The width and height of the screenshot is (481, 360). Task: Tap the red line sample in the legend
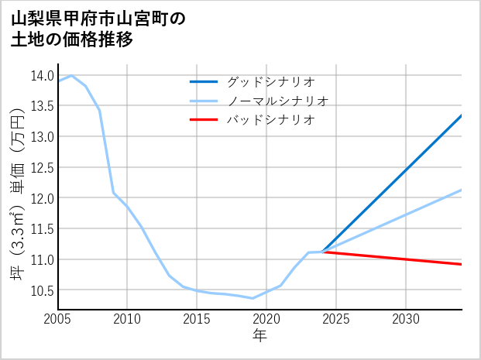tap(204, 120)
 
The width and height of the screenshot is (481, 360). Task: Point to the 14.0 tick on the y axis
tap(41, 75)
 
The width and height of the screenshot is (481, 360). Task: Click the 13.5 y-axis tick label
tap(41, 106)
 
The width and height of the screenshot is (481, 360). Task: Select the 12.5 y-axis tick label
tap(41, 167)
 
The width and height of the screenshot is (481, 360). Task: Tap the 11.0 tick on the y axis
tap(41, 259)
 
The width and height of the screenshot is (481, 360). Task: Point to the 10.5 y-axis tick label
tap(41, 290)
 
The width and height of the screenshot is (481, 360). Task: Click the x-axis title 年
tap(259, 336)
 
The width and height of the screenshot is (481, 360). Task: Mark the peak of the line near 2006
tap(71, 76)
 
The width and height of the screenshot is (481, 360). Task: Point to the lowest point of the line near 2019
tap(253, 298)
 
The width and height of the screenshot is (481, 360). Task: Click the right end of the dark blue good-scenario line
tap(462, 115)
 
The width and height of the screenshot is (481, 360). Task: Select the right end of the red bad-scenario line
tap(462, 265)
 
